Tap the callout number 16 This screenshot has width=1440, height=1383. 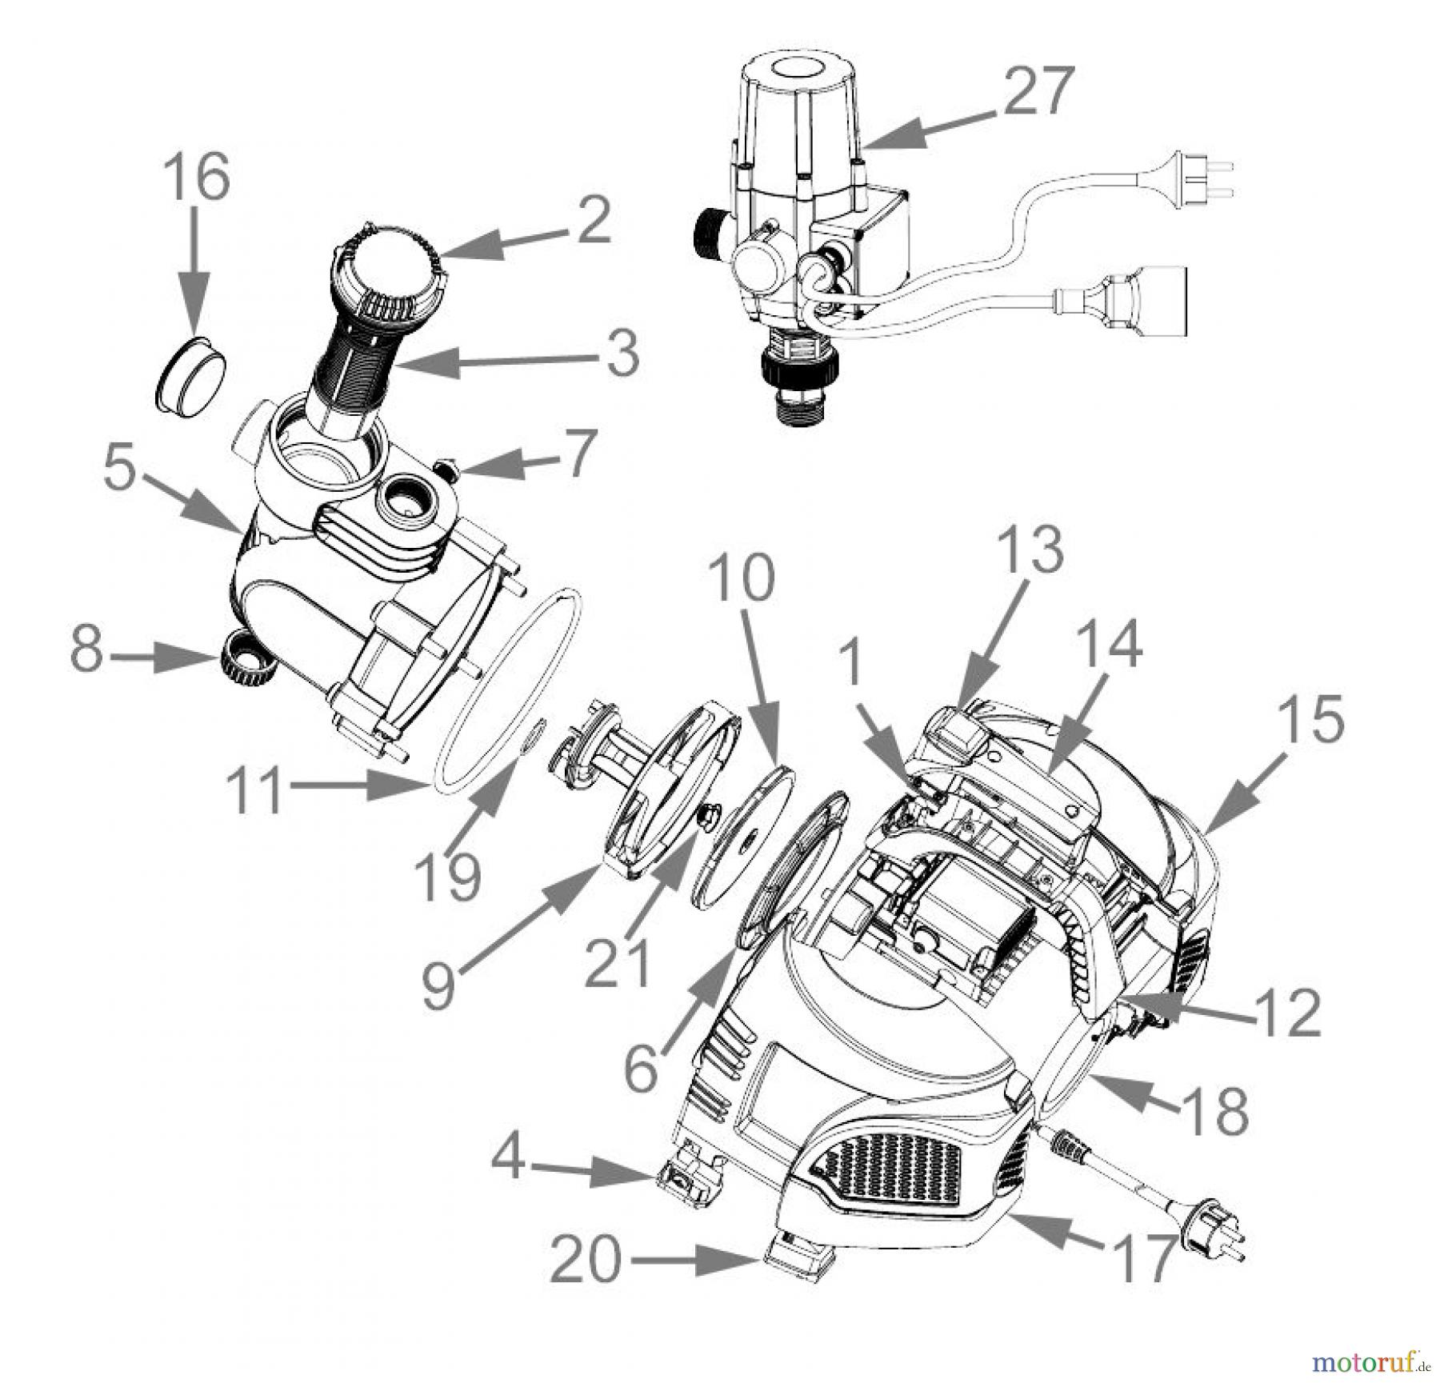tap(197, 178)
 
